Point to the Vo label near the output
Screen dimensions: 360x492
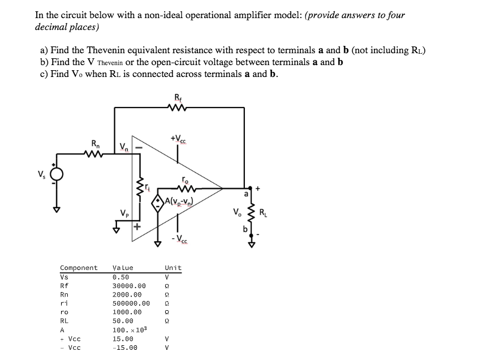[236, 213]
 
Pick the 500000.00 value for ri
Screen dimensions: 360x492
[131, 303]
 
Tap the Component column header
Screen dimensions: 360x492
[79, 268]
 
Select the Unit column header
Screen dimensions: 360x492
[173, 268]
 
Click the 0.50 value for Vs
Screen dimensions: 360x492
[121, 277]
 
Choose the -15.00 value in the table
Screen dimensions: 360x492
[125, 348]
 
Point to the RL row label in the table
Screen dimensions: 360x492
[64, 321]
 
